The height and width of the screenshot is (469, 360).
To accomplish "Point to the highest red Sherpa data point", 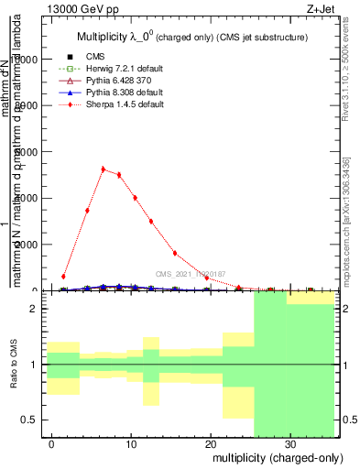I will pyautogui.click(x=103, y=169).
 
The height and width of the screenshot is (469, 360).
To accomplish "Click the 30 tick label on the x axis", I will pyautogui.click(x=289, y=442).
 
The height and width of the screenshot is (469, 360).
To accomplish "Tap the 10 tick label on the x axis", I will pyautogui.click(x=131, y=442).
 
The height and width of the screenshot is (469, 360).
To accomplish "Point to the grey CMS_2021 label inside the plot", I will pyautogui.click(x=190, y=274).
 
